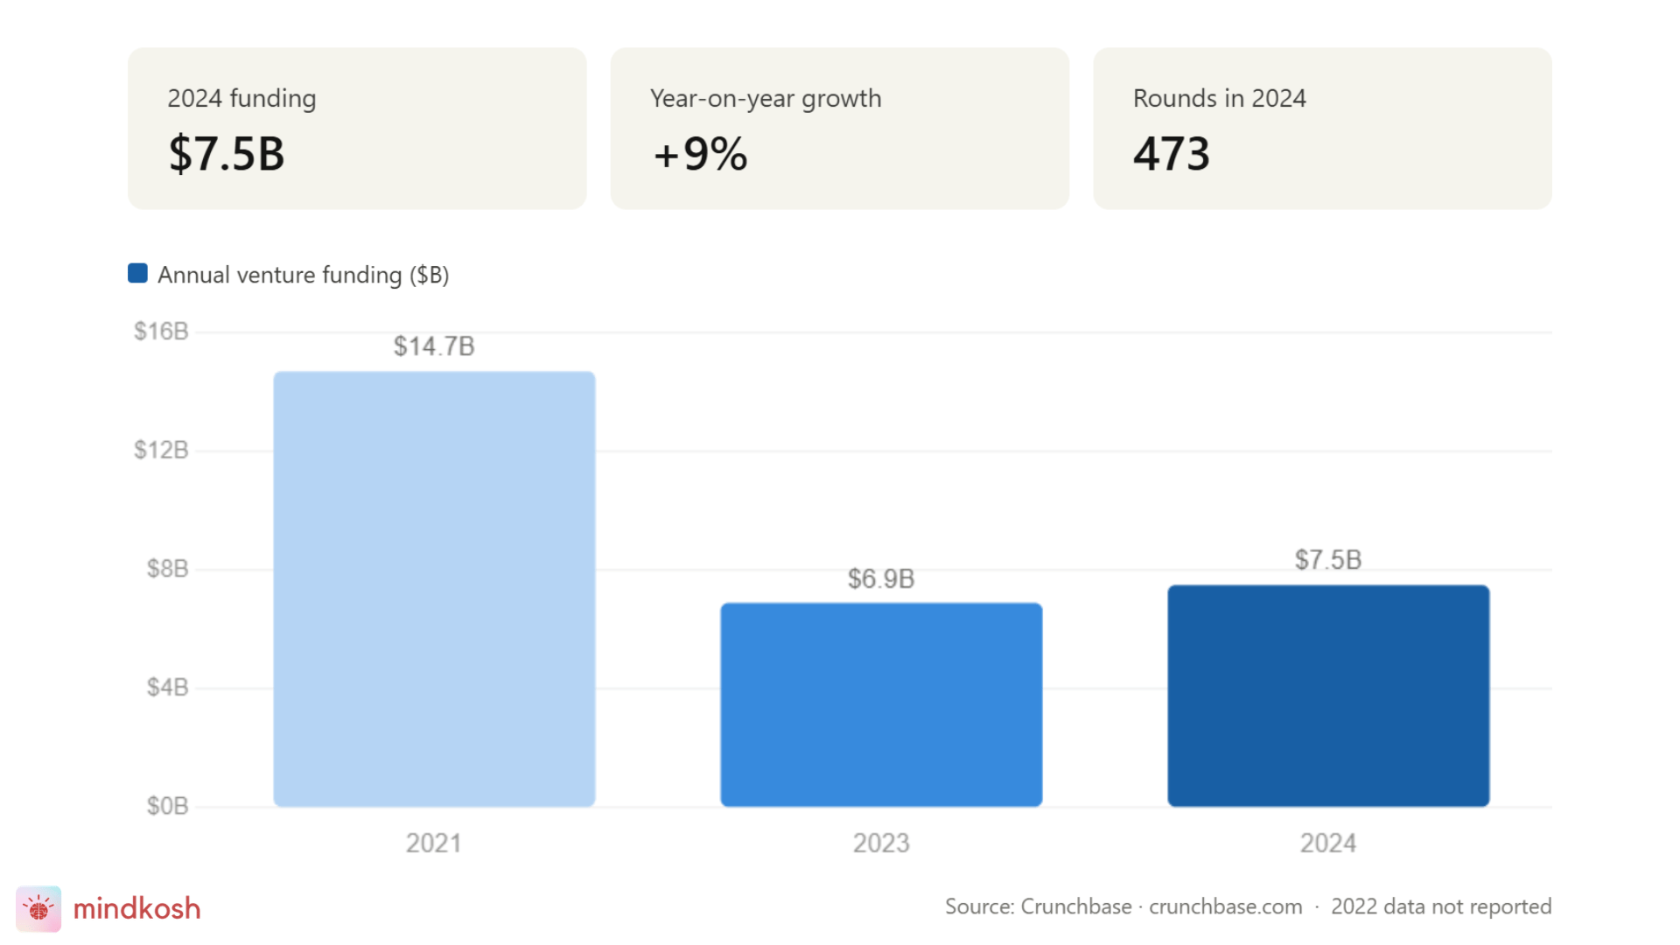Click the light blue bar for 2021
pyautogui.click(x=434, y=588)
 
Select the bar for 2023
pyautogui.click(x=881, y=704)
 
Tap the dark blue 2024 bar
pyautogui.click(x=1328, y=696)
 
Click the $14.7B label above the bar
pyautogui.click(x=434, y=346)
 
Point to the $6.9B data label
pyautogui.click(x=881, y=579)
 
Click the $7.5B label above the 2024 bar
pyautogui.click(x=1328, y=560)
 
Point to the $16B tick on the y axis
pyautogui.click(x=161, y=332)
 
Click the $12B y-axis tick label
pyautogui.click(x=161, y=451)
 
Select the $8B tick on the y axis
pyautogui.click(x=167, y=569)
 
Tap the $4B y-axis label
pyautogui.click(x=167, y=688)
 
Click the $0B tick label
pyautogui.click(x=167, y=806)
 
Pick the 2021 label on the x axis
pyautogui.click(x=434, y=843)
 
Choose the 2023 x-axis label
pyautogui.click(x=881, y=843)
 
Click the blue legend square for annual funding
pyautogui.click(x=137, y=274)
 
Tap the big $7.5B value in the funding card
pyautogui.click(x=227, y=154)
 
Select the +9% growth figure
pyautogui.click(x=700, y=154)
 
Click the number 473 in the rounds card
pyautogui.click(x=1172, y=154)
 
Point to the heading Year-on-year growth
pyautogui.click(x=766, y=99)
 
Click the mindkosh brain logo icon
pyautogui.click(x=38, y=908)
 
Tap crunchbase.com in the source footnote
pyautogui.click(x=1225, y=906)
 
